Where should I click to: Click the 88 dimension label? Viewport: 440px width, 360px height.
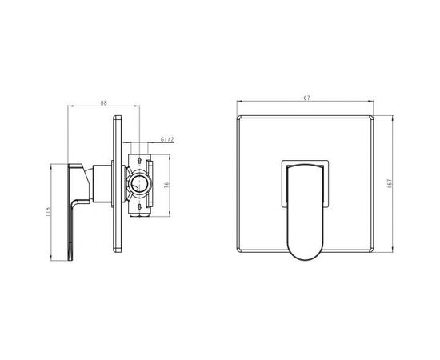pos(104,102)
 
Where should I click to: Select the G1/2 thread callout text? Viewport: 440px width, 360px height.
pos(167,139)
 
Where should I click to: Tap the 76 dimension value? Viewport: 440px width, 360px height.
pos(166,185)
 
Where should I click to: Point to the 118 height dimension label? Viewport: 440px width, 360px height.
pos(48,211)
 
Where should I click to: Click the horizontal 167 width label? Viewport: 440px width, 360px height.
pos(306,98)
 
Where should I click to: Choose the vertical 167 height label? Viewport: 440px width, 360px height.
pos(389,183)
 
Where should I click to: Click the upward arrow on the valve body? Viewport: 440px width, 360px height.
pos(139,161)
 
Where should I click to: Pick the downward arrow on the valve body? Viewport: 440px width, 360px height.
pos(139,207)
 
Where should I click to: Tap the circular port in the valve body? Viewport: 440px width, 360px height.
pos(139,183)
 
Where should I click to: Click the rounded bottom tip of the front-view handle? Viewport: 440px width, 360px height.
pos(305,258)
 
